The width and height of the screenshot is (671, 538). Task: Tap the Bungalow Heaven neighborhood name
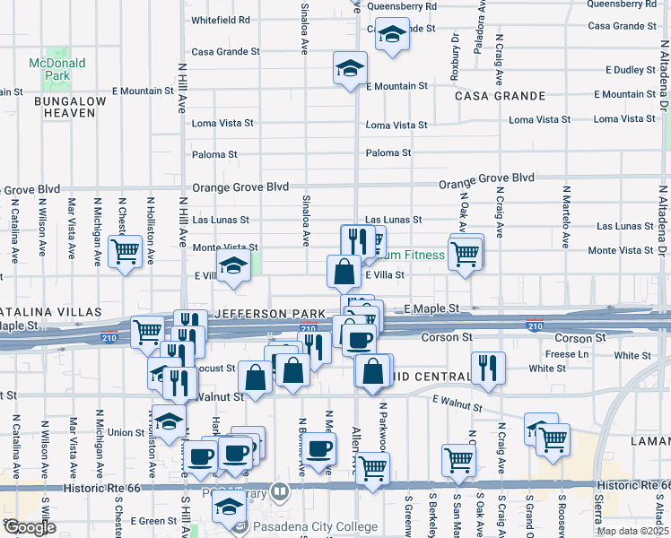[70, 107]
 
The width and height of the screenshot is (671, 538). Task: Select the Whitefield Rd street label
[220, 20]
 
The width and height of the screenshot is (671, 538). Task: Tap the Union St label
[126, 432]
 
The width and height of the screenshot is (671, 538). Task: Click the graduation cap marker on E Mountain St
[349, 66]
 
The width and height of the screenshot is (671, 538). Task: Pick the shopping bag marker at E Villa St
[344, 269]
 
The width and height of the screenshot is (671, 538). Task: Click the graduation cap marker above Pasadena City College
[230, 508]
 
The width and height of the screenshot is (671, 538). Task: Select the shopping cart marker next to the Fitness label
[465, 253]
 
